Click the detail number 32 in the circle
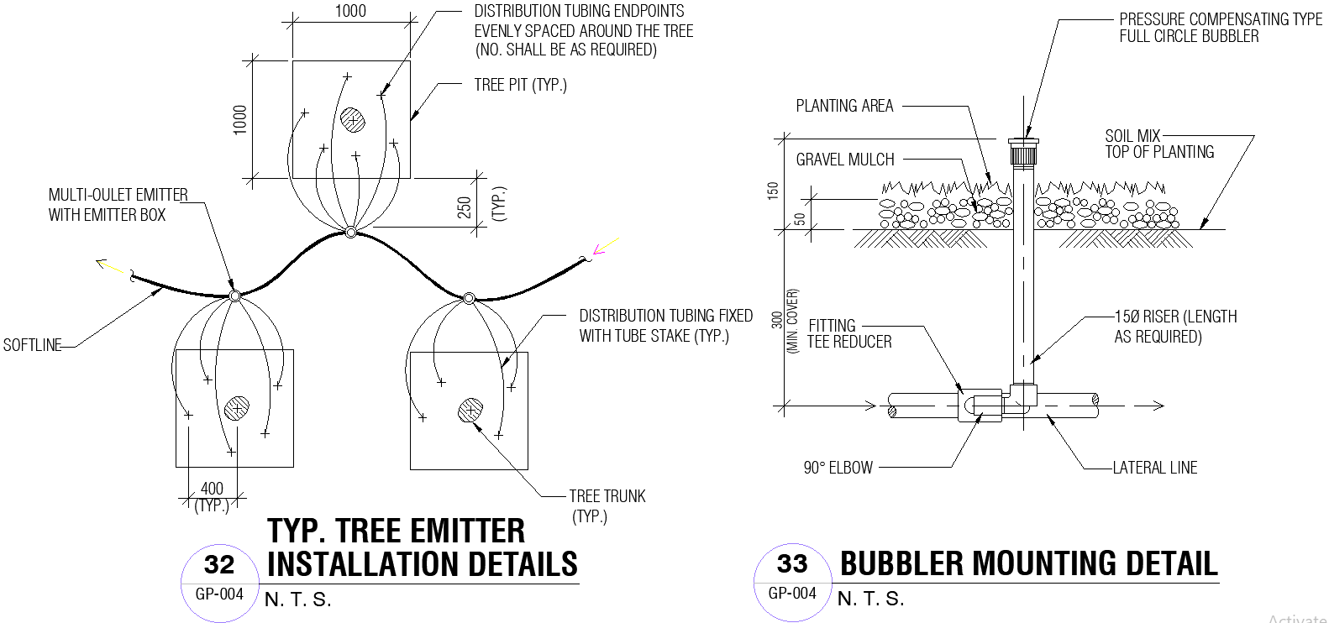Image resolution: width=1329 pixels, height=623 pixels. tap(219, 564)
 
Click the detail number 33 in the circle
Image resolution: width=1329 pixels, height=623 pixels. tap(792, 563)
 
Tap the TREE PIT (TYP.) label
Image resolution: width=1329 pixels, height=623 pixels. tap(520, 85)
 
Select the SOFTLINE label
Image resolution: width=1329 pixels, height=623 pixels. tap(32, 345)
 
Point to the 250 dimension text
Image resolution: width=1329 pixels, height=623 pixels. tap(465, 207)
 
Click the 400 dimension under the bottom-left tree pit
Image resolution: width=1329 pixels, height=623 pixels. tap(212, 489)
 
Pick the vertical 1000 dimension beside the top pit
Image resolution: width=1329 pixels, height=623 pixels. tap(240, 119)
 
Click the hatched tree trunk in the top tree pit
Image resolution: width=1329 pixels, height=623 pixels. tap(353, 119)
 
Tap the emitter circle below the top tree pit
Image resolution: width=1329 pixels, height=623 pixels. tap(351, 232)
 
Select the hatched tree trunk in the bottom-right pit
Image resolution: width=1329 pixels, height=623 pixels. tap(470, 411)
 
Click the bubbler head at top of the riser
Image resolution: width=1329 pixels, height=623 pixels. tap(1023, 151)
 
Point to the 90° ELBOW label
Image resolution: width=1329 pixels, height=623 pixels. tap(838, 468)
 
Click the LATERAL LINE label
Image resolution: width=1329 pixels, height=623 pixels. tap(1154, 468)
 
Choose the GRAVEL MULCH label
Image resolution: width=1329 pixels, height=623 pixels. tap(844, 160)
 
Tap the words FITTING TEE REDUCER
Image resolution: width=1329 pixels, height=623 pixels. tap(848, 333)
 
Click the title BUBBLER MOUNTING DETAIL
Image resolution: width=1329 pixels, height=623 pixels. tap(1028, 563)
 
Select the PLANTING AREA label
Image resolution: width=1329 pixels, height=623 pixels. tap(844, 106)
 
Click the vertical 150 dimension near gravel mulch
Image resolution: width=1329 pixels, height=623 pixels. tap(773, 190)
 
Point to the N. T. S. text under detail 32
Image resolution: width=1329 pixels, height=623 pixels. tap(297, 599)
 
